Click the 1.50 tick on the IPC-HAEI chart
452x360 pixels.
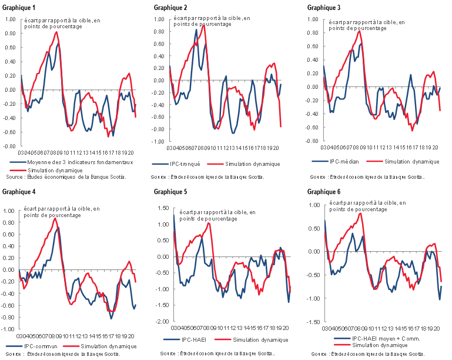tap(162, 208)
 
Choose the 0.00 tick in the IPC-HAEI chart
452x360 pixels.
tap(162, 256)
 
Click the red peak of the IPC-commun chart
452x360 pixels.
tap(55, 218)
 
